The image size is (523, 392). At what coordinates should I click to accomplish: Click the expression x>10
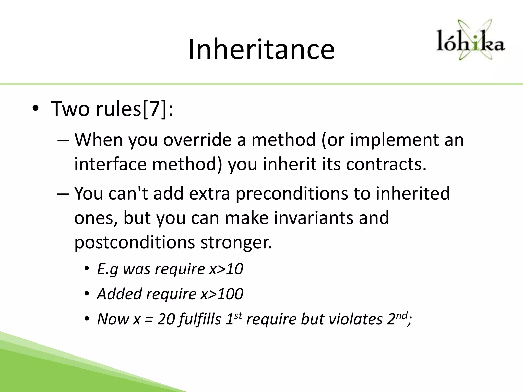(x=226, y=269)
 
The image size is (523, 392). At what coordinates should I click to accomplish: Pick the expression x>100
(x=222, y=294)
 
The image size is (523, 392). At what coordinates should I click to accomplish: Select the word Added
(x=119, y=294)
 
